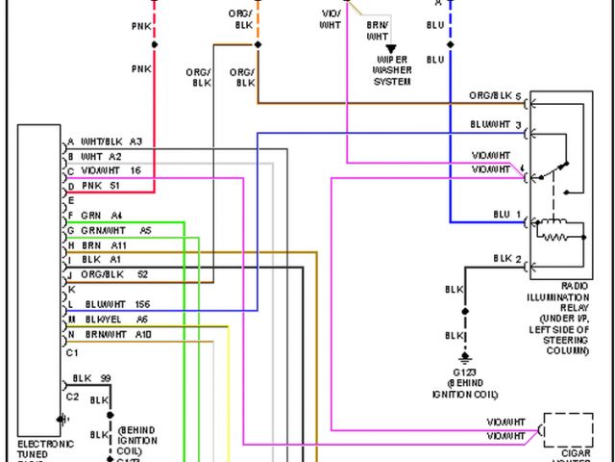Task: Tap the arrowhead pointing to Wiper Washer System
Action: click(x=391, y=48)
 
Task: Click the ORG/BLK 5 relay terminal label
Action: click(x=495, y=97)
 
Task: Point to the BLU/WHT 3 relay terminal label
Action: click(x=495, y=125)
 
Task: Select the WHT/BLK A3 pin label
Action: click(x=111, y=141)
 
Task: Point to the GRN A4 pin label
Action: click(x=102, y=215)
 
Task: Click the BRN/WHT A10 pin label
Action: click(x=116, y=334)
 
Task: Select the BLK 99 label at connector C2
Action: click(x=92, y=378)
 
